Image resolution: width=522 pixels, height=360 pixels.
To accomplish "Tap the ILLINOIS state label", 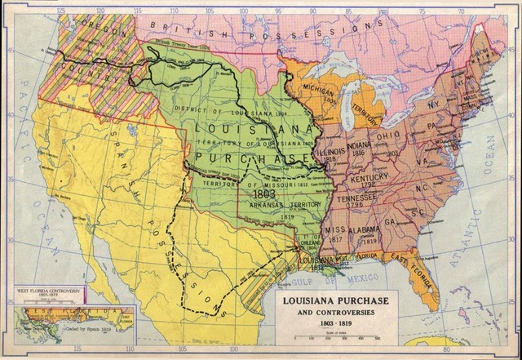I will click(x=332, y=150).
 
